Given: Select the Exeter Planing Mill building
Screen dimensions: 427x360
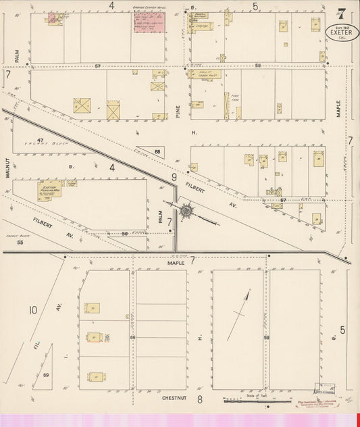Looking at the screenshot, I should tap(50, 191).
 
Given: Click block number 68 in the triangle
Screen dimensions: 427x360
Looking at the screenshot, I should tap(157, 151).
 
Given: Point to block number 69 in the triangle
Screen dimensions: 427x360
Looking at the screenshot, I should tap(46, 375).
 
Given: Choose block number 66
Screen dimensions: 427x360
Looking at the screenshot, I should tap(133, 337).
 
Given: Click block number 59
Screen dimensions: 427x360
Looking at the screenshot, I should tap(267, 337).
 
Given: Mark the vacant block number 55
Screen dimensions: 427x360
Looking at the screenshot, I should tap(20, 242).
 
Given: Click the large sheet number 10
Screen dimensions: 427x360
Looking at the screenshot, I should tap(32, 310).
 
